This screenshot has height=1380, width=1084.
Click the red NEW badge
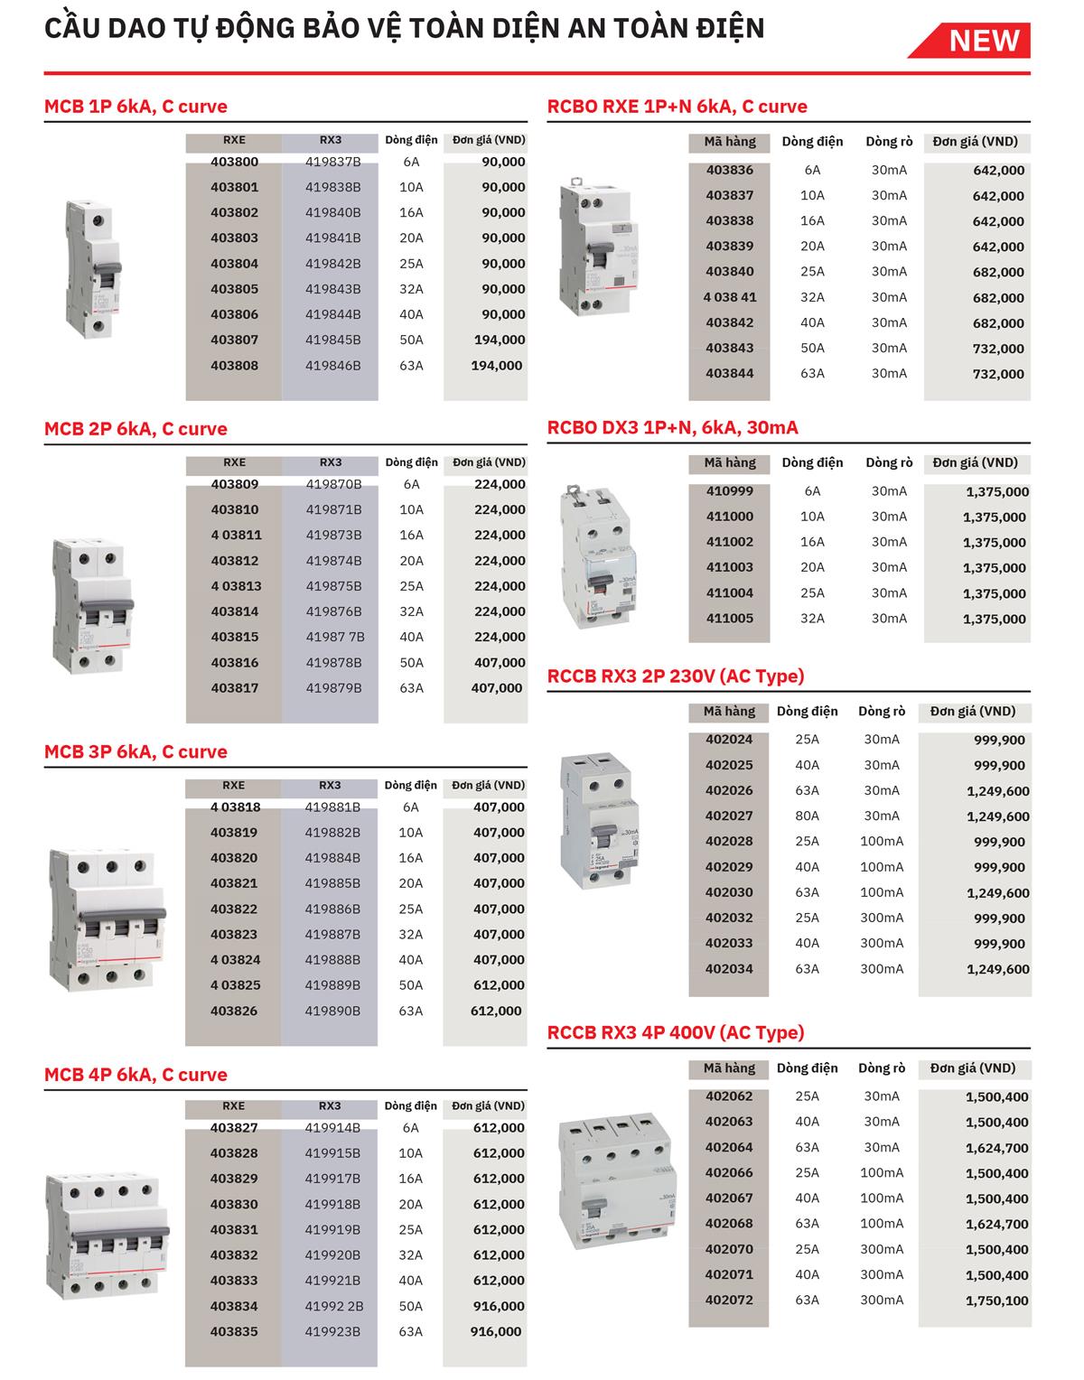coord(983,41)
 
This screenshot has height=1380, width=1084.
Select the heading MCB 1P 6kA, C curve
coord(135,107)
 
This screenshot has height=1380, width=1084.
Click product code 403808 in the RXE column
coord(234,366)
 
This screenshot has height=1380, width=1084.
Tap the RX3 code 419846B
coord(332,366)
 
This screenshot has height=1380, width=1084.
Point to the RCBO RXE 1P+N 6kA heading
coord(677,107)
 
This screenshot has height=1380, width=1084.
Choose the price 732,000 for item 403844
coord(998,374)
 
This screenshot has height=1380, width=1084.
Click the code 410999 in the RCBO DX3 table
coord(729,491)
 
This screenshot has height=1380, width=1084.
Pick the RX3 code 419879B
coord(333,688)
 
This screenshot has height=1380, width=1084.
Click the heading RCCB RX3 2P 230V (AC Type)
coord(676,676)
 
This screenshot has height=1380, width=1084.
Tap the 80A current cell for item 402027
coord(807,816)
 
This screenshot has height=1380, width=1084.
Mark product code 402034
coord(729,969)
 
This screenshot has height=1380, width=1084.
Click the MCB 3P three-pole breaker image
coord(107,919)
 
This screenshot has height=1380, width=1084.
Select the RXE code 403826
coord(234,1011)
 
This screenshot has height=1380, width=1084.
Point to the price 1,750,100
coord(996,1301)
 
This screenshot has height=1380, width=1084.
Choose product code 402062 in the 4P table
coord(729,1096)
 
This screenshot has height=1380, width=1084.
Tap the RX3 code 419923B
coord(332,1331)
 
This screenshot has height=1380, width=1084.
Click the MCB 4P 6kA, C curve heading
coord(135,1075)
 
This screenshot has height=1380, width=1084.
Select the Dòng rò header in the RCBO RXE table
coord(889,142)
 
